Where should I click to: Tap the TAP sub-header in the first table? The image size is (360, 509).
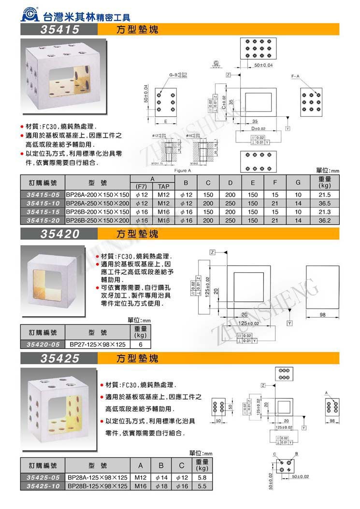click(163, 186)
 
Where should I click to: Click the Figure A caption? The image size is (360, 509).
click(182, 170)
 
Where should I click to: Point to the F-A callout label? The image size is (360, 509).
click(296, 77)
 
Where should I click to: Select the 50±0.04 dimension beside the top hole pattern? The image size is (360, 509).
click(263, 65)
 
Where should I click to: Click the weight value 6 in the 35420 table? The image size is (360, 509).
click(140, 345)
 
